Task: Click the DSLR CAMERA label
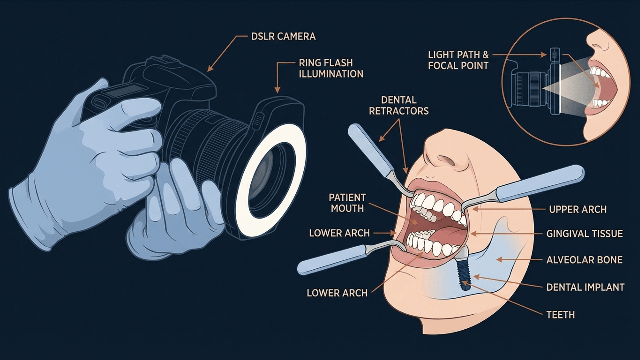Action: (x=283, y=36)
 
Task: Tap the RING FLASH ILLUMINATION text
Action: (x=331, y=68)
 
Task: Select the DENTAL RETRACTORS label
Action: (x=399, y=105)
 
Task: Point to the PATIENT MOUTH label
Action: (x=347, y=203)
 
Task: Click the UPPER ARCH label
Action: (x=578, y=209)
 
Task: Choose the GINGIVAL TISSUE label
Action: (x=584, y=234)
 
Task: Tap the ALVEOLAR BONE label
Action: (x=584, y=260)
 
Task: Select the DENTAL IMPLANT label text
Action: (x=585, y=287)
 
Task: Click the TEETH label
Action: (x=560, y=315)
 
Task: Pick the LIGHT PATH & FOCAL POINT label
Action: (x=458, y=60)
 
